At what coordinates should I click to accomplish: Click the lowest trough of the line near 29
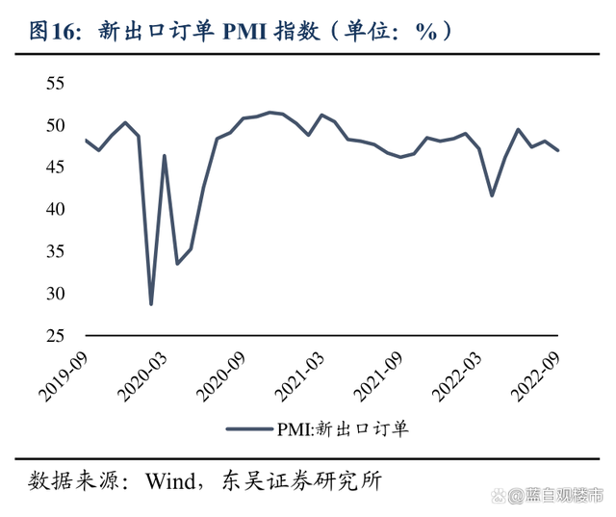(151, 303)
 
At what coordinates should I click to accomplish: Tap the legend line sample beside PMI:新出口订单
(249, 429)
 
